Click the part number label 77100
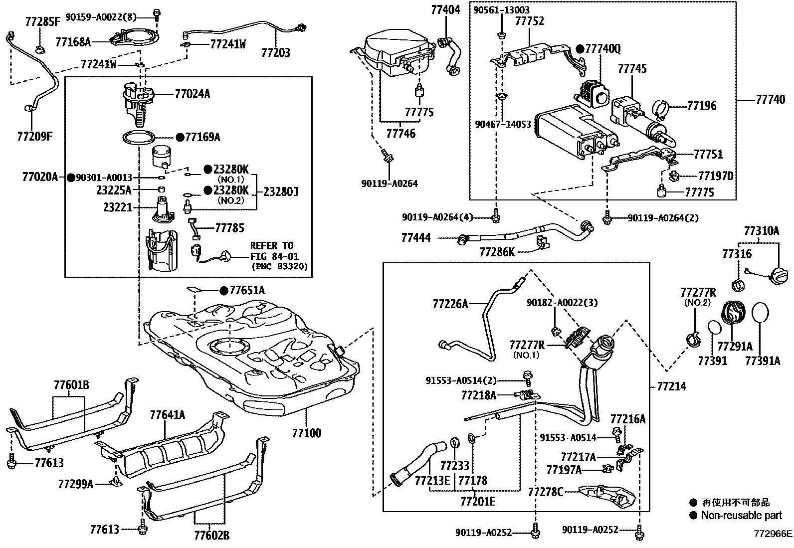pos(306,433)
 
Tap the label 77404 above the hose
pos(446,9)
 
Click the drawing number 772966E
pos(773,534)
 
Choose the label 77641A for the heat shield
pos(168,415)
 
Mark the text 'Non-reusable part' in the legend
pos(742,516)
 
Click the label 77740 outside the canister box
pos(771,100)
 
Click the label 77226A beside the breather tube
pos(450,303)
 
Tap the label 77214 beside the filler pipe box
pos(671,386)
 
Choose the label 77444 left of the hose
pos(416,238)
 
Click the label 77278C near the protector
pos(546,493)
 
